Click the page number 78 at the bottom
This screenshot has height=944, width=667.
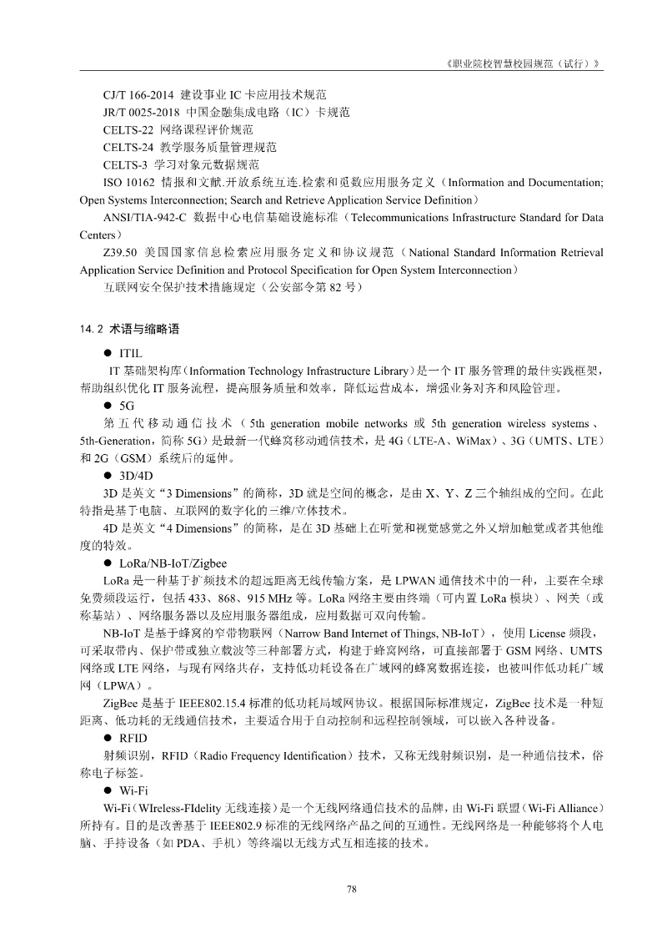pyautogui.click(x=352, y=890)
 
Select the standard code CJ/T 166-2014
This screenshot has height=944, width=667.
pyautogui.click(x=138, y=95)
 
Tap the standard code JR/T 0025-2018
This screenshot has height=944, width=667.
pyautogui.click(x=138, y=113)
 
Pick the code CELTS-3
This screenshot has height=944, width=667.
pyautogui.click(x=126, y=165)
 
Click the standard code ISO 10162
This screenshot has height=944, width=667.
pyautogui.click(x=129, y=183)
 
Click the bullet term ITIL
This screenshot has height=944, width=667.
pyautogui.click(x=132, y=353)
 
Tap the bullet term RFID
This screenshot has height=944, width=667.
pyautogui.click(x=133, y=738)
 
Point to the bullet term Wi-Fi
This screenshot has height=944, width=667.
pyautogui.click(x=133, y=790)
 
